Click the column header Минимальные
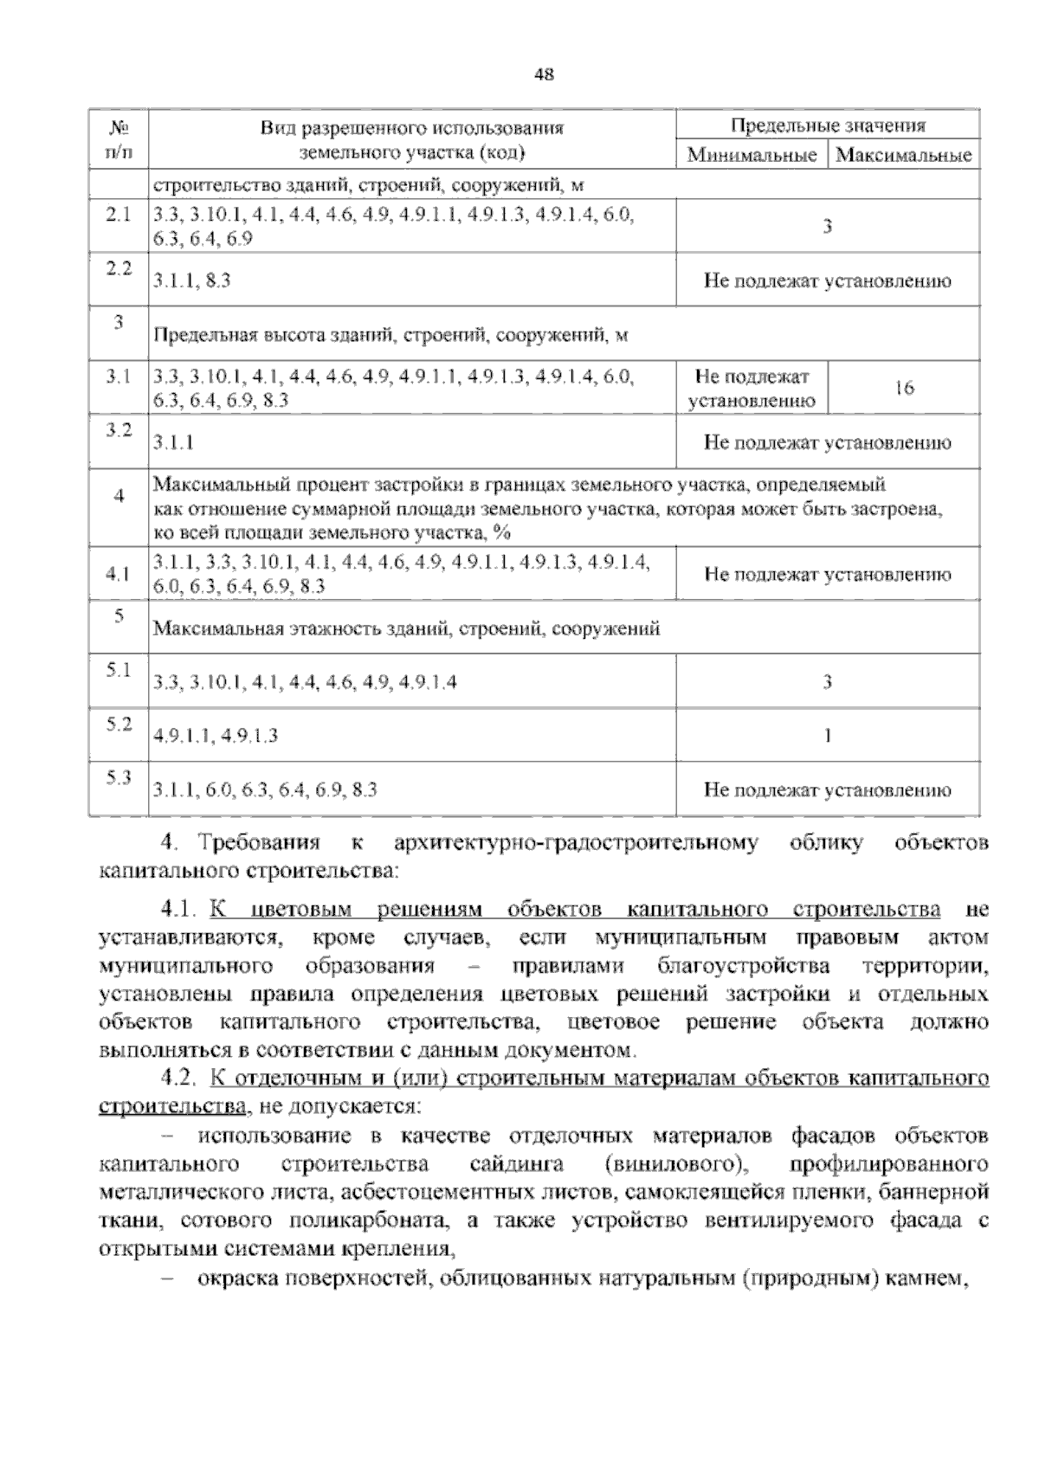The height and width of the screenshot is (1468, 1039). [x=752, y=156]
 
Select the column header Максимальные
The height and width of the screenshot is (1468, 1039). [x=904, y=156]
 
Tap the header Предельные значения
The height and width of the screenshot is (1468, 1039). [x=827, y=126]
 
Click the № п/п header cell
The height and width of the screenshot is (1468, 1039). [x=119, y=140]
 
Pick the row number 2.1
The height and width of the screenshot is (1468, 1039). [x=119, y=215]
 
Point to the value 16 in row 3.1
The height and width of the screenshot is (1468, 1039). [x=903, y=389]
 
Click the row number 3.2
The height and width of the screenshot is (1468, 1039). [x=119, y=430]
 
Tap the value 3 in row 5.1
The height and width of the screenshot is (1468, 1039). [x=827, y=682]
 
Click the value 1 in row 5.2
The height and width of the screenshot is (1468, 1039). [x=827, y=736]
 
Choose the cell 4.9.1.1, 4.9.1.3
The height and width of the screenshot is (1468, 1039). [x=216, y=736]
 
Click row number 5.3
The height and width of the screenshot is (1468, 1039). [x=119, y=777]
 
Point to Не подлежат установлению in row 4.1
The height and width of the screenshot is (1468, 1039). [x=827, y=575]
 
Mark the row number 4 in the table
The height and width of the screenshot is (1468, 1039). [x=119, y=496]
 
